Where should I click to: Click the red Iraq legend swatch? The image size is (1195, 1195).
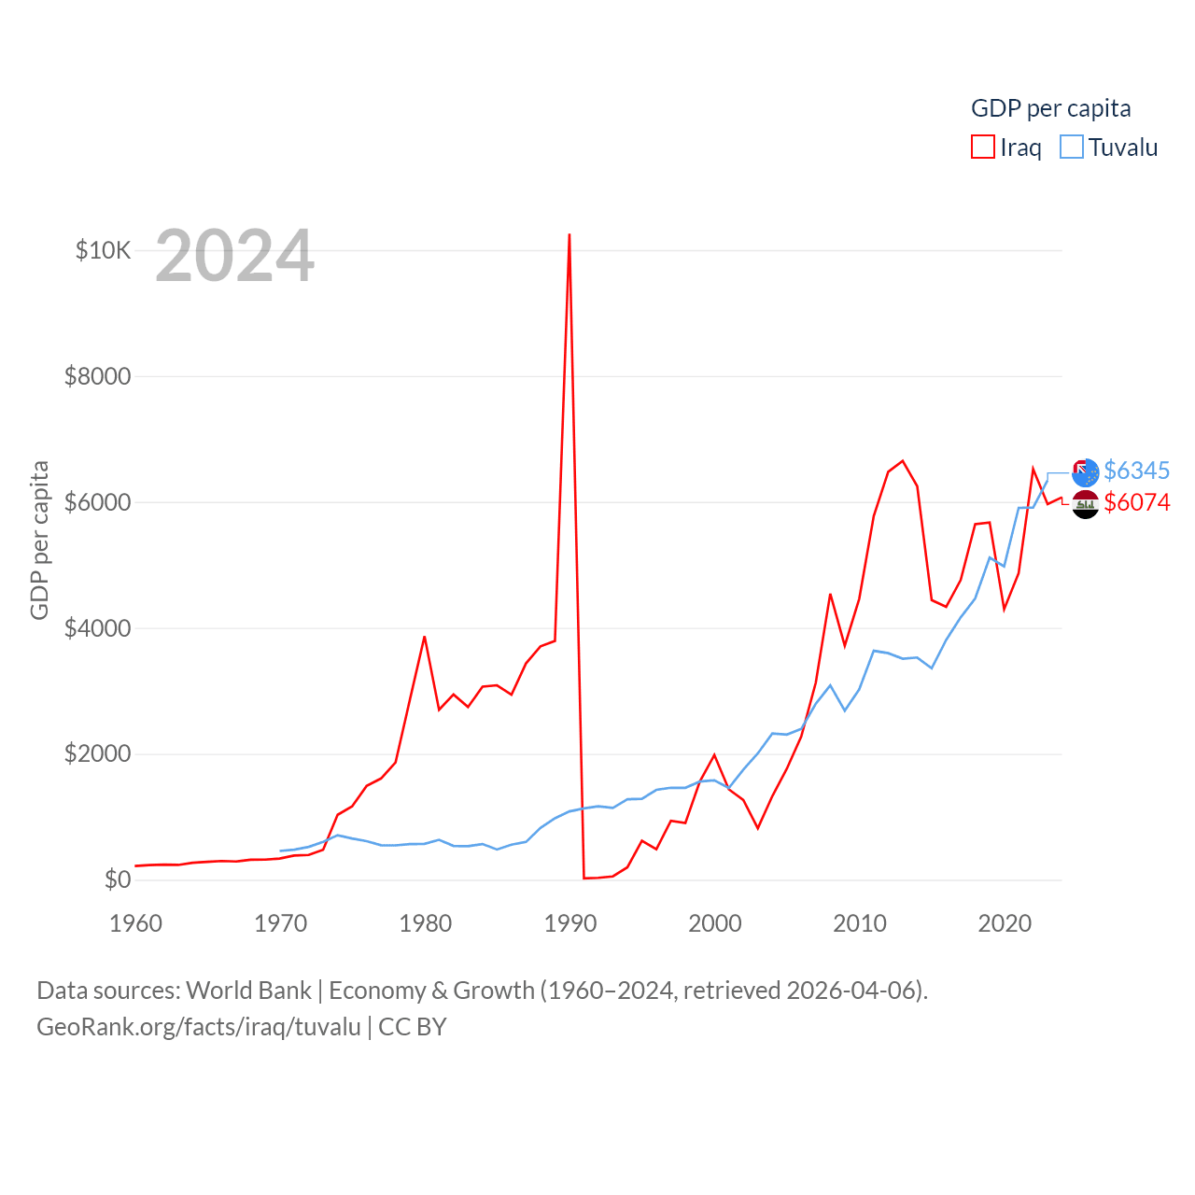click(x=983, y=148)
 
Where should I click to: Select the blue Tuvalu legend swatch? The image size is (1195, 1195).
click(x=1072, y=148)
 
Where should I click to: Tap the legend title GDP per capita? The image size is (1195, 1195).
click(x=1050, y=108)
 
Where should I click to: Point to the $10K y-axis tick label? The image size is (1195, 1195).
click(x=103, y=250)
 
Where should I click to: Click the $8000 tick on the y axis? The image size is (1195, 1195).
click(x=97, y=376)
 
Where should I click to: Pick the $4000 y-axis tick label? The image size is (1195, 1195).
click(x=97, y=628)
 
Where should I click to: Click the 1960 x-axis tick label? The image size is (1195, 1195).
click(x=136, y=923)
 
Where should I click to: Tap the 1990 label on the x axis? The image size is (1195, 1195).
click(x=569, y=923)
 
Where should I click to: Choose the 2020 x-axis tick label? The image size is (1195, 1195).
click(x=1004, y=923)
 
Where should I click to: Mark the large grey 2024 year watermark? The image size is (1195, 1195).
click(x=234, y=256)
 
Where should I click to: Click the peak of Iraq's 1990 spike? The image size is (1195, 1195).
click(x=569, y=235)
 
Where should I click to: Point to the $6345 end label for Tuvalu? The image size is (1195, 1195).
click(x=1136, y=471)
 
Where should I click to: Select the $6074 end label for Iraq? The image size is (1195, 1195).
click(x=1136, y=502)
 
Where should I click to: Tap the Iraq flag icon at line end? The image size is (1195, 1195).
click(x=1085, y=504)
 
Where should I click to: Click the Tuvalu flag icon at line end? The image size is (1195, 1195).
click(x=1085, y=472)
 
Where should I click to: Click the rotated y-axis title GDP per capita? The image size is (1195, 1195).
click(x=39, y=540)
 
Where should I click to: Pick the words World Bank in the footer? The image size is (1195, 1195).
click(x=248, y=990)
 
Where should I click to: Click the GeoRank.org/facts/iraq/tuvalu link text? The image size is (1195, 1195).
click(x=199, y=1027)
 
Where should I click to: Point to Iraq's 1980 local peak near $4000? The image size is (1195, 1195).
click(x=425, y=637)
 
